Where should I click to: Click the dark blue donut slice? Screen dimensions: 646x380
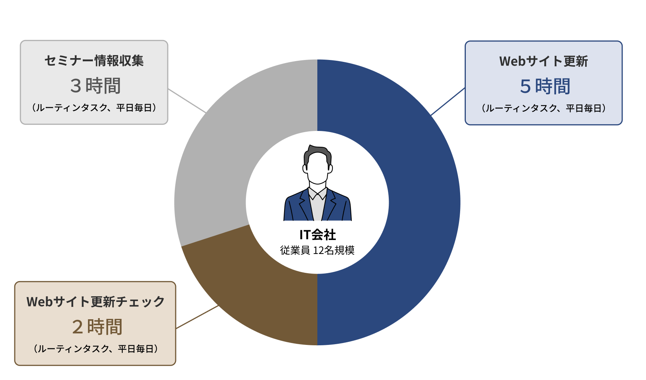pyautogui.click(x=424, y=202)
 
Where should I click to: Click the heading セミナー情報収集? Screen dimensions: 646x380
pyautogui.click(x=94, y=61)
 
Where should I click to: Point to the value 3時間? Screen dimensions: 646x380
pyautogui.click(x=95, y=86)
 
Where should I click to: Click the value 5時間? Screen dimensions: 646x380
pyautogui.click(x=545, y=86)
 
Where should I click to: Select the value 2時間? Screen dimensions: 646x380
pyautogui.click(x=97, y=327)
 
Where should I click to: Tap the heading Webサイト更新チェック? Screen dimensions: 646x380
pyautogui.click(x=96, y=302)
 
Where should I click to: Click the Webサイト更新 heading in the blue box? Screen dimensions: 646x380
pyautogui.click(x=544, y=62)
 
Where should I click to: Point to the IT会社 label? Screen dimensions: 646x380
pyautogui.click(x=317, y=235)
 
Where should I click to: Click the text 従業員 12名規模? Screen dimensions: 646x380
pyautogui.click(x=317, y=250)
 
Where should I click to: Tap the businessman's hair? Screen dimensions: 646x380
pyautogui.click(x=317, y=152)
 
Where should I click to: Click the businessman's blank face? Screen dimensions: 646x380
pyautogui.click(x=317, y=168)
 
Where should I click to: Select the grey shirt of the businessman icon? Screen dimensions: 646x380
pyautogui.click(x=317, y=206)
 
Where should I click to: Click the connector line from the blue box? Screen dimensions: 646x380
pyautogui.click(x=448, y=102)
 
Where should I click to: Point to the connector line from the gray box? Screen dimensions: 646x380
pyautogui.click(x=187, y=100)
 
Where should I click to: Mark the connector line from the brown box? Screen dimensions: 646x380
pyautogui.click(x=197, y=317)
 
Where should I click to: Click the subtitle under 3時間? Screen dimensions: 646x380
pyautogui.click(x=94, y=108)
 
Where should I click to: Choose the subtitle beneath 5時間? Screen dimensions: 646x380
pyautogui.click(x=544, y=108)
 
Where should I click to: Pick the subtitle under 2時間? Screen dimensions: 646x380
pyautogui.click(x=96, y=349)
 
